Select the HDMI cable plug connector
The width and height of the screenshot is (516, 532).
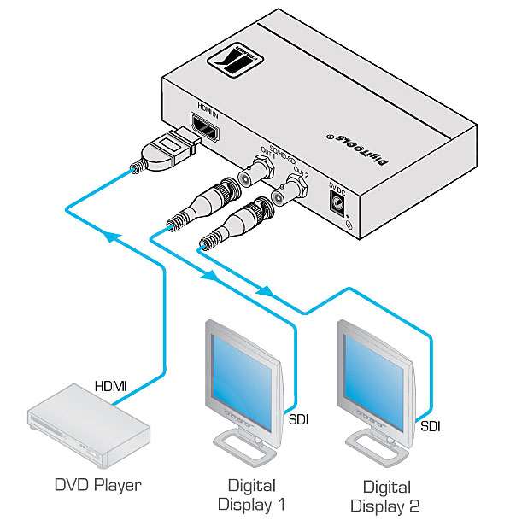click(167, 153)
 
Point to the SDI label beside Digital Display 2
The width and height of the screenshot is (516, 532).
click(431, 424)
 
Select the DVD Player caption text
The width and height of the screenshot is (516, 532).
click(96, 486)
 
